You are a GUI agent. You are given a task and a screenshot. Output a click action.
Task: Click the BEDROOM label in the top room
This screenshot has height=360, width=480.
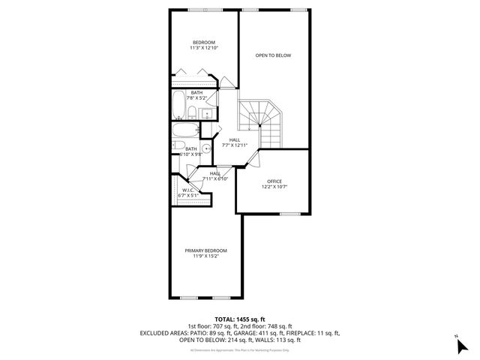204,42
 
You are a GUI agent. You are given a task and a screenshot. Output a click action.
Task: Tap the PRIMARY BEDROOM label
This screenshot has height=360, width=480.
205,250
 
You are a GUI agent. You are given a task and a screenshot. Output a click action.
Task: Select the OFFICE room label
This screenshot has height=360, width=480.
273,181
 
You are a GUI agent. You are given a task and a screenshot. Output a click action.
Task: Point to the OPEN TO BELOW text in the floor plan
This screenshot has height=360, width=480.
273,55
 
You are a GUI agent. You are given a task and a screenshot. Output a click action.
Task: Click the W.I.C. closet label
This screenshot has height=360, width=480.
187,190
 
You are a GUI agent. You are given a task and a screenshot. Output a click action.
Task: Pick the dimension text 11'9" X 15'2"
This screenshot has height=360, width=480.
205,257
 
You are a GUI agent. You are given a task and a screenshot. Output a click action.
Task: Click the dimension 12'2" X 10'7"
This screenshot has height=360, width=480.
273,187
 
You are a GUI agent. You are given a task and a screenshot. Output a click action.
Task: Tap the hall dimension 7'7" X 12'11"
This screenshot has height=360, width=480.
235,145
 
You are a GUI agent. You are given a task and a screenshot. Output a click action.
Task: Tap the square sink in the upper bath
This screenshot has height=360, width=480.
208,114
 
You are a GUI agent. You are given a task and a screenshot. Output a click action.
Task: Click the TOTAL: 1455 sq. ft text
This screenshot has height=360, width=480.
239,319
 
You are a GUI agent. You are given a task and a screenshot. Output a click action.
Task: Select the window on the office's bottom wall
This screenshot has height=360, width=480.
289,214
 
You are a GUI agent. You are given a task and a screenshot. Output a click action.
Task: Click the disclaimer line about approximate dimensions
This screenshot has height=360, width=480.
239,349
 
